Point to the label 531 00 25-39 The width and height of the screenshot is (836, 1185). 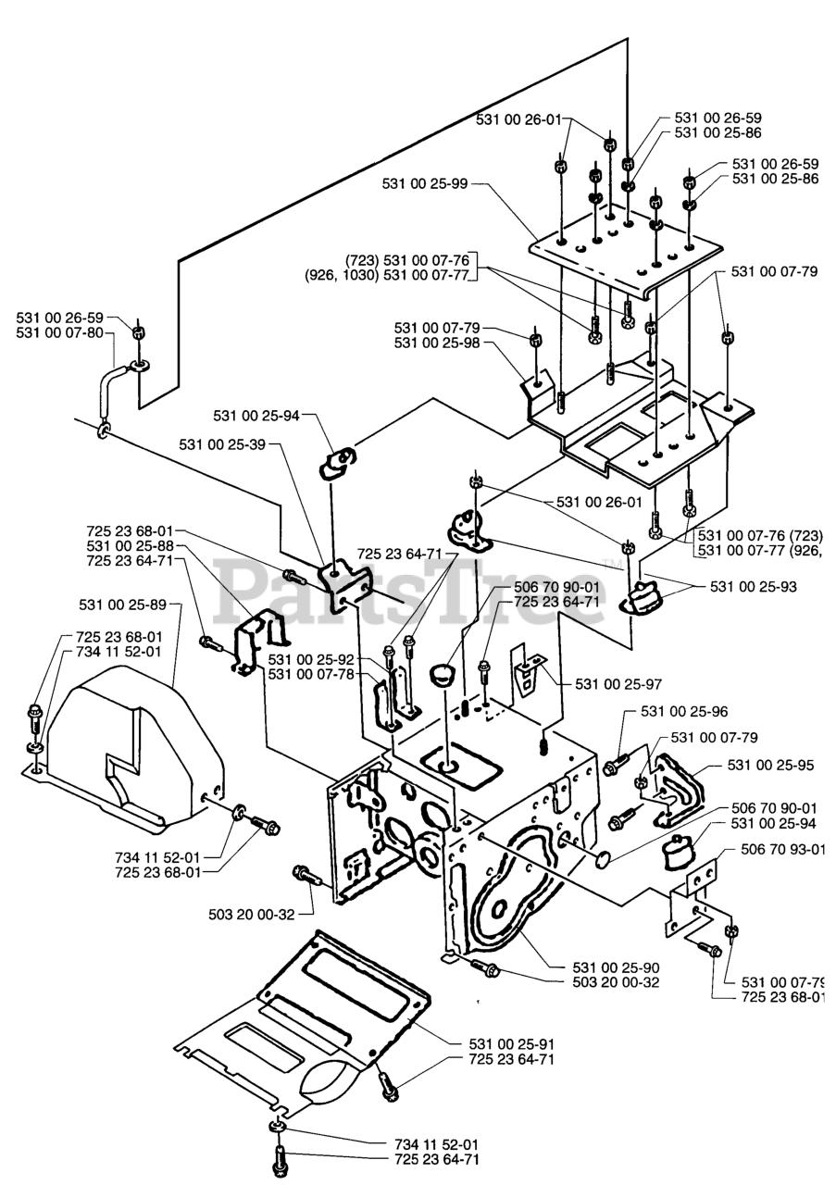tap(223, 445)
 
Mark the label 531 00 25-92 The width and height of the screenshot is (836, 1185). tap(312, 659)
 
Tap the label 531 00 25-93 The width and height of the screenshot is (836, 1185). tap(755, 587)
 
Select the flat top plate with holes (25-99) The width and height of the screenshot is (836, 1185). tap(625, 245)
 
